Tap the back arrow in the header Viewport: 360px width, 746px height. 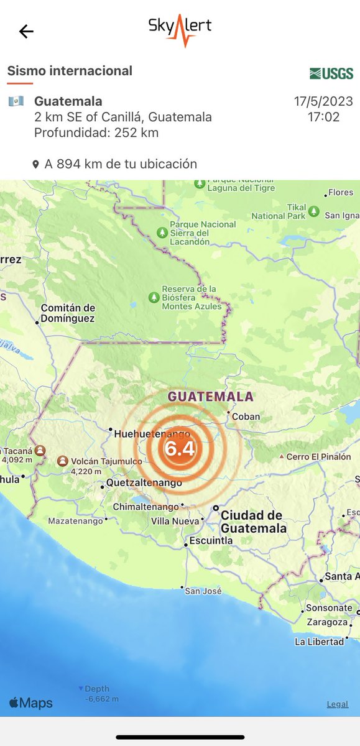click(x=26, y=32)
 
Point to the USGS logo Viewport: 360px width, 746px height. click(x=331, y=73)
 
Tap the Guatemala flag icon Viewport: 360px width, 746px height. click(x=16, y=101)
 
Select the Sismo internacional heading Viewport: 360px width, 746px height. click(x=70, y=71)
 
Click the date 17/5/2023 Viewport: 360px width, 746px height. click(x=323, y=101)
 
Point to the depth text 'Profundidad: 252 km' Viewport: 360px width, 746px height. click(x=96, y=132)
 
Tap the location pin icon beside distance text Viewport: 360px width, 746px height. click(x=36, y=165)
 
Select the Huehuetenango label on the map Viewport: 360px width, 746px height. click(x=152, y=435)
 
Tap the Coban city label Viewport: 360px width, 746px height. click(x=245, y=417)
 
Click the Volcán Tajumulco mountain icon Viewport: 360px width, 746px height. click(x=63, y=461)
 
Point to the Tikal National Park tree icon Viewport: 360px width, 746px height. click(x=314, y=211)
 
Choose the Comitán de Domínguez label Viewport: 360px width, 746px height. click(x=68, y=313)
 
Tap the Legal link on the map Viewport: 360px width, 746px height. click(x=338, y=704)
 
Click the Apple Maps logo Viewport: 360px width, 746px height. click(x=31, y=703)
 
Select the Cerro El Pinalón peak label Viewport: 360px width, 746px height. click(x=318, y=457)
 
